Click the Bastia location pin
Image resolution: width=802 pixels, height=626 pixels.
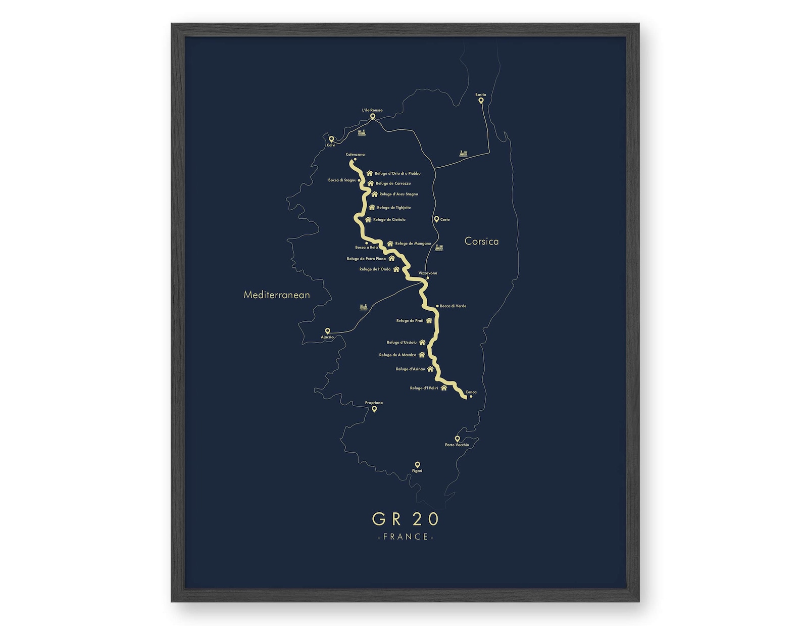[x=481, y=101]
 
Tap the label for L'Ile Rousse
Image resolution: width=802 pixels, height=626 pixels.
[x=372, y=110]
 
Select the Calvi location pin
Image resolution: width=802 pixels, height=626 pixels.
[x=331, y=139]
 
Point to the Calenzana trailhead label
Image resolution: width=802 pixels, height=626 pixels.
[x=355, y=155]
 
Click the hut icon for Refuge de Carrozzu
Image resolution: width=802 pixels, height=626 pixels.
[x=370, y=183]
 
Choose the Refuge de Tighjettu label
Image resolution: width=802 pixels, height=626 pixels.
[x=393, y=208]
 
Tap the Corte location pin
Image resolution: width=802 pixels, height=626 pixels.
[x=436, y=219]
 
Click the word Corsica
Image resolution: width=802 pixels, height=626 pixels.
[x=481, y=242]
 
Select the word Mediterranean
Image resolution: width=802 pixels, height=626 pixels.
[x=277, y=295]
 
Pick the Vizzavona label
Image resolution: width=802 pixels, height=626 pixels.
[x=428, y=273]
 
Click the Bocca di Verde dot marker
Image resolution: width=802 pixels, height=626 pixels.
[x=437, y=306]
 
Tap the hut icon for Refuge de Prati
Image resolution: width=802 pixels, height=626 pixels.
[x=429, y=320]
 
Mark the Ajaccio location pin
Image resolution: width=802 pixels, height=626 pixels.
[x=328, y=331]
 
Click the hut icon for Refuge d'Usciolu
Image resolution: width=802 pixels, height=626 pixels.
[x=422, y=343]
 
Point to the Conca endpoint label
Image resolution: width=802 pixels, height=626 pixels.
[x=471, y=392]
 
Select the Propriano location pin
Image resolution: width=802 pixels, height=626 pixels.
[x=374, y=409]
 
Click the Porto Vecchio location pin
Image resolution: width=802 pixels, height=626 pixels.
[x=457, y=439]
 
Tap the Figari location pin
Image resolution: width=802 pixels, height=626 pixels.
[x=417, y=464]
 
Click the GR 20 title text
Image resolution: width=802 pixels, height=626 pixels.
[x=406, y=519]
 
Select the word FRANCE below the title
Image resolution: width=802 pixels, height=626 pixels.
[x=406, y=537]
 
